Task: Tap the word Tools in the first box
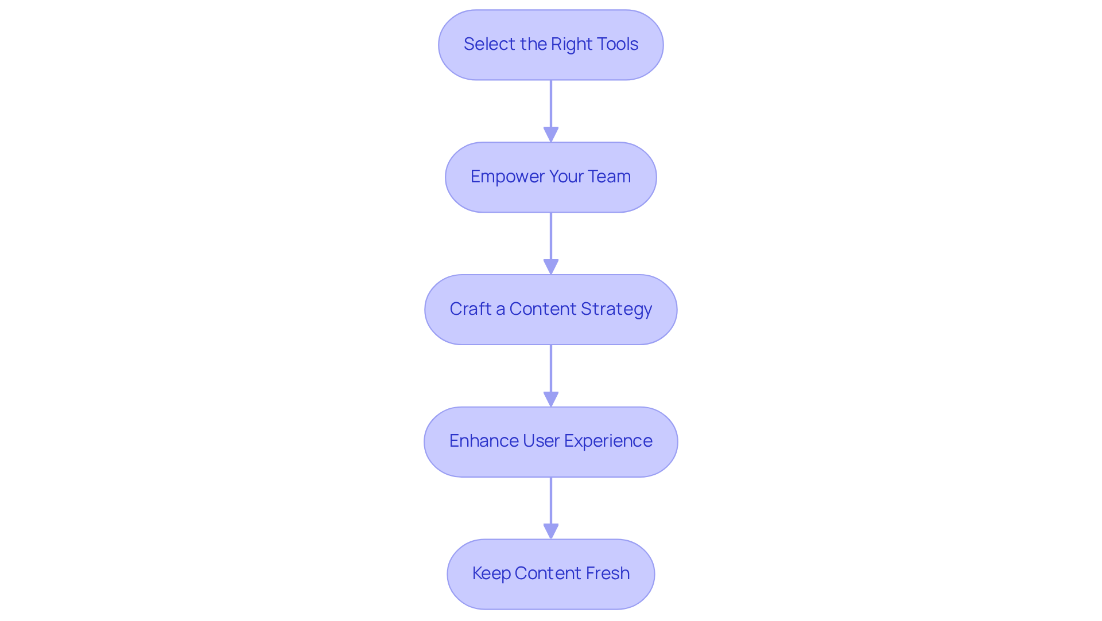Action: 617,44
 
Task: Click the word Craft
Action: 471,309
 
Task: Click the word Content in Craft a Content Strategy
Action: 550,309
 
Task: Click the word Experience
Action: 608,441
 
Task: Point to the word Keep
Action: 491,573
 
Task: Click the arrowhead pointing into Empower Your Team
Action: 551,135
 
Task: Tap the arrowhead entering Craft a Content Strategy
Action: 551,267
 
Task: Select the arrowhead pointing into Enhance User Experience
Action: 551,400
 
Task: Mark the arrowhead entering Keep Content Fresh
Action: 551,532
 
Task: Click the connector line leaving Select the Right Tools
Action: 551,103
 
